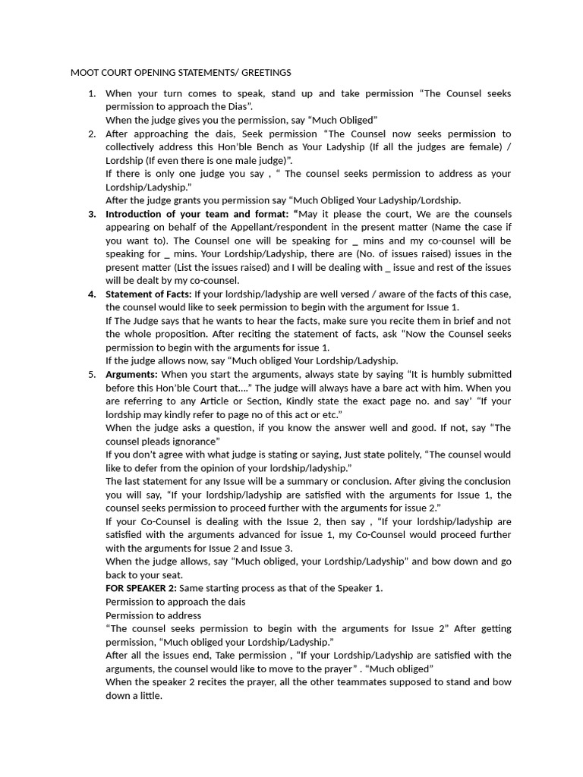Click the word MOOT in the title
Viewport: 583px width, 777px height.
(x=85, y=73)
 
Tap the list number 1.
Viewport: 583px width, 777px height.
(x=92, y=93)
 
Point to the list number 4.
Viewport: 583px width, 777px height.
(x=92, y=294)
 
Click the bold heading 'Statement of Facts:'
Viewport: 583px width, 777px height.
(x=148, y=294)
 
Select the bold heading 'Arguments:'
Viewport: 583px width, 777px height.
(x=131, y=374)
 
